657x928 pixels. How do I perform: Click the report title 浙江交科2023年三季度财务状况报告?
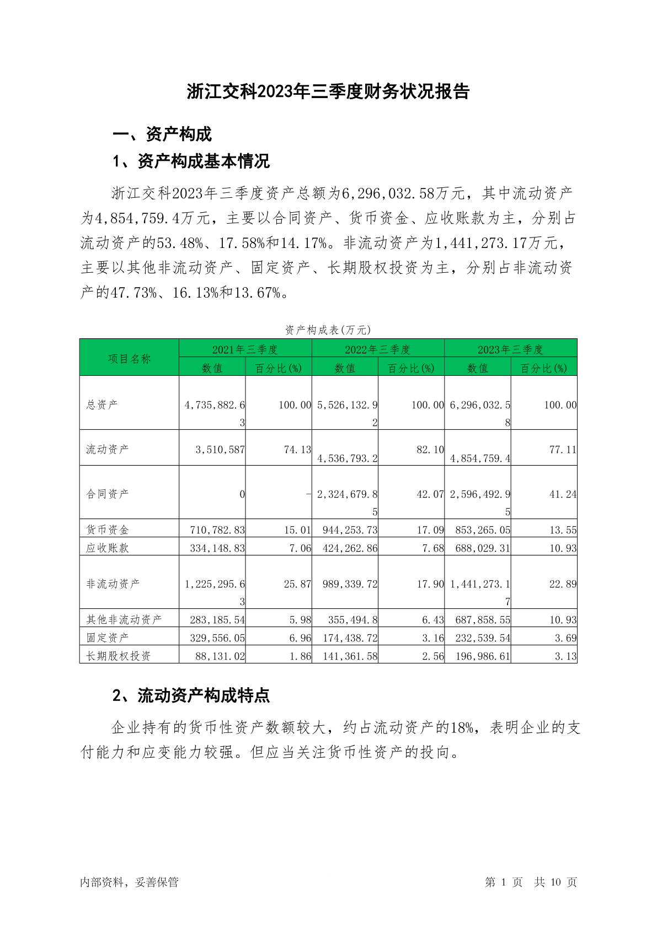(328, 92)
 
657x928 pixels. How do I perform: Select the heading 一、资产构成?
(162, 134)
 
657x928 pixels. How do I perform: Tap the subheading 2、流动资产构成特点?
(191, 695)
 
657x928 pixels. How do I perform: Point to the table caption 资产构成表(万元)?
(328, 330)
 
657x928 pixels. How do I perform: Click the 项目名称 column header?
(129, 359)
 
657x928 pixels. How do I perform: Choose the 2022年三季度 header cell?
(378, 349)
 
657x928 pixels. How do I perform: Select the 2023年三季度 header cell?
(510, 349)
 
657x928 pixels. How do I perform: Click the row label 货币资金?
(108, 530)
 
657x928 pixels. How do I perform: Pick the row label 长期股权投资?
(119, 656)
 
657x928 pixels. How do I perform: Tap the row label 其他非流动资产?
(124, 619)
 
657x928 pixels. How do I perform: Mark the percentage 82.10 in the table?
(430, 450)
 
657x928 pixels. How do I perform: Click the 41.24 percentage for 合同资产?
(563, 494)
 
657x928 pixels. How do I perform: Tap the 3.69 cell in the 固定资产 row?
(565, 638)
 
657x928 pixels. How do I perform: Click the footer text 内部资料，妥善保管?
(129, 882)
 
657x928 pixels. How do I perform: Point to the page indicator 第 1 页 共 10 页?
(531, 882)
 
